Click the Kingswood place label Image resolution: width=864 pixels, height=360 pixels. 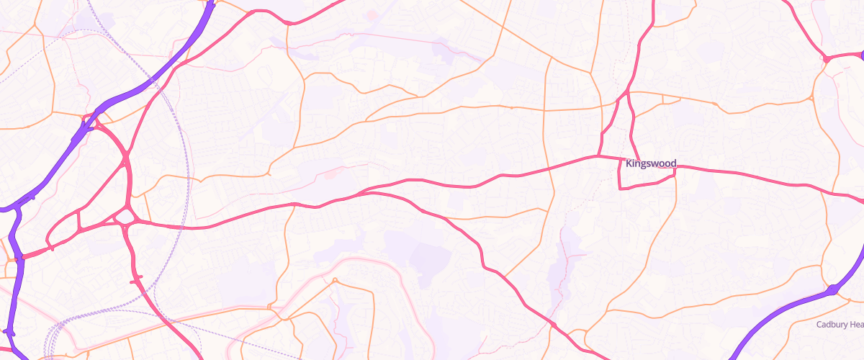click(x=651, y=164)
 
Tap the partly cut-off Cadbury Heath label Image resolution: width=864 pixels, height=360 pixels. click(x=840, y=325)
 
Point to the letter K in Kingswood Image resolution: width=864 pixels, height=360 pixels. click(x=629, y=164)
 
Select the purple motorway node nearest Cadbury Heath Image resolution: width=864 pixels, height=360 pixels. click(x=833, y=289)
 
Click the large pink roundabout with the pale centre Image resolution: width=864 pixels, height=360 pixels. click(x=126, y=216)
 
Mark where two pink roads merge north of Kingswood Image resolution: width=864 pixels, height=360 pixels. click(x=628, y=91)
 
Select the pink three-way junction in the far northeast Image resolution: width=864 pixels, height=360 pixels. click(x=827, y=58)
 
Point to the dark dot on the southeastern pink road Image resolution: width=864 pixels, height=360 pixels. click(x=553, y=326)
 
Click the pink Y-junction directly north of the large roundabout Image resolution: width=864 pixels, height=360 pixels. click(x=126, y=155)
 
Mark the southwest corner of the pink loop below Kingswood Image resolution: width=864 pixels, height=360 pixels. click(x=621, y=188)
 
